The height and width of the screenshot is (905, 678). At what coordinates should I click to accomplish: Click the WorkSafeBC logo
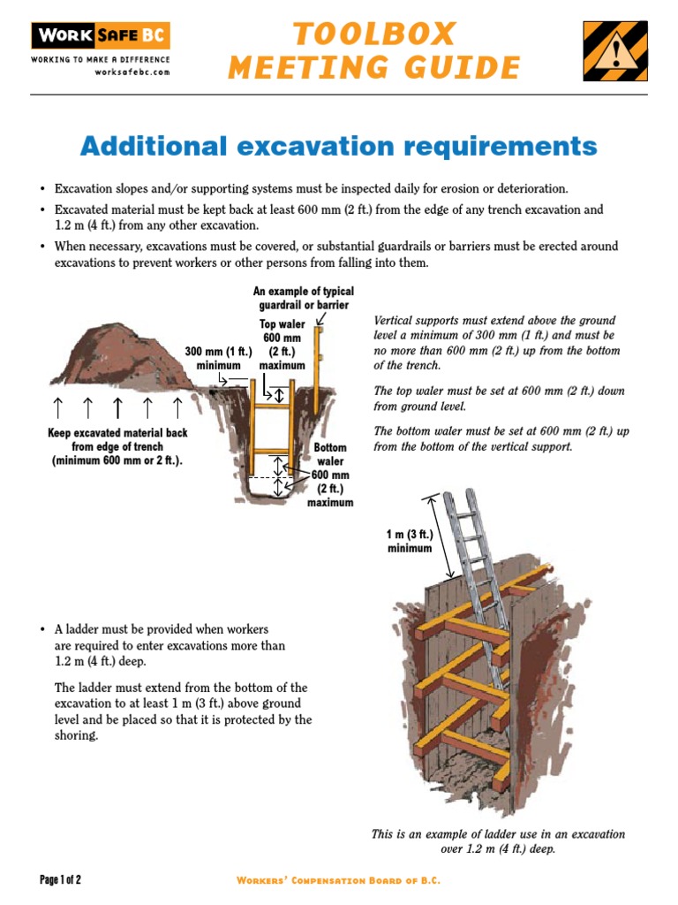[x=100, y=36]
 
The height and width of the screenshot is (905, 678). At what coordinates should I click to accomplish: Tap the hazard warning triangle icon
[x=614, y=50]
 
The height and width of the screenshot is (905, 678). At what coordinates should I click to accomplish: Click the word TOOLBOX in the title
[x=374, y=34]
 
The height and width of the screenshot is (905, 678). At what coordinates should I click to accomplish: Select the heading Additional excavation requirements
[x=338, y=146]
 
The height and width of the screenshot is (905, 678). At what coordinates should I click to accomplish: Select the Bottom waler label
[x=330, y=454]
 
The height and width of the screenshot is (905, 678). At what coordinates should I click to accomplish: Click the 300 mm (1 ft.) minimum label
[x=218, y=358]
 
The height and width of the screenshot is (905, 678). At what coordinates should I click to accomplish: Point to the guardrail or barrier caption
[x=303, y=298]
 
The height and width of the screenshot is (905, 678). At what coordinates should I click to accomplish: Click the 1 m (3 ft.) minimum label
[x=410, y=541]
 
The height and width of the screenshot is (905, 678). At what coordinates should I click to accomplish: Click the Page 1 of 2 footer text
[x=60, y=880]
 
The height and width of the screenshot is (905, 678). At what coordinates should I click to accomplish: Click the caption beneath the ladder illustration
[x=497, y=841]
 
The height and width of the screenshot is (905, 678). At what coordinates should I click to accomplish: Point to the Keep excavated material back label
[x=117, y=447]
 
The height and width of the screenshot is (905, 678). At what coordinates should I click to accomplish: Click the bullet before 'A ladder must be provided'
[x=42, y=630]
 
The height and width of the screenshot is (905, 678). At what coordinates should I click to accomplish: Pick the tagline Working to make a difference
[x=100, y=59]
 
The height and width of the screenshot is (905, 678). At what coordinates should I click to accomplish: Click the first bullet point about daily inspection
[x=311, y=189]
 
